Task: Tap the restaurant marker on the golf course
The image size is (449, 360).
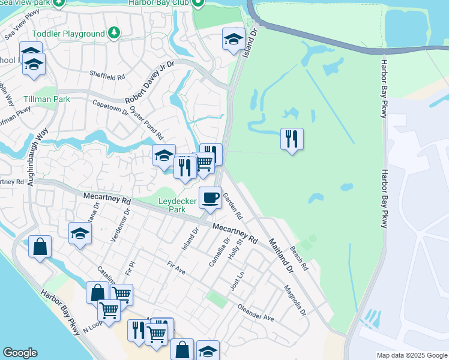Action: tap(292, 139)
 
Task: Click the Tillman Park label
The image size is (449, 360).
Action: tap(47, 99)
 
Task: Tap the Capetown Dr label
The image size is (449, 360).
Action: tap(110, 107)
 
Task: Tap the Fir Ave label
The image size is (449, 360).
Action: tap(176, 267)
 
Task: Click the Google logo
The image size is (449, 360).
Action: tap(20, 353)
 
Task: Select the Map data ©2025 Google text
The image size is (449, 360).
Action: tap(412, 355)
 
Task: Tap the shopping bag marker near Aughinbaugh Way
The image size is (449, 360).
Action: tap(40, 247)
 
